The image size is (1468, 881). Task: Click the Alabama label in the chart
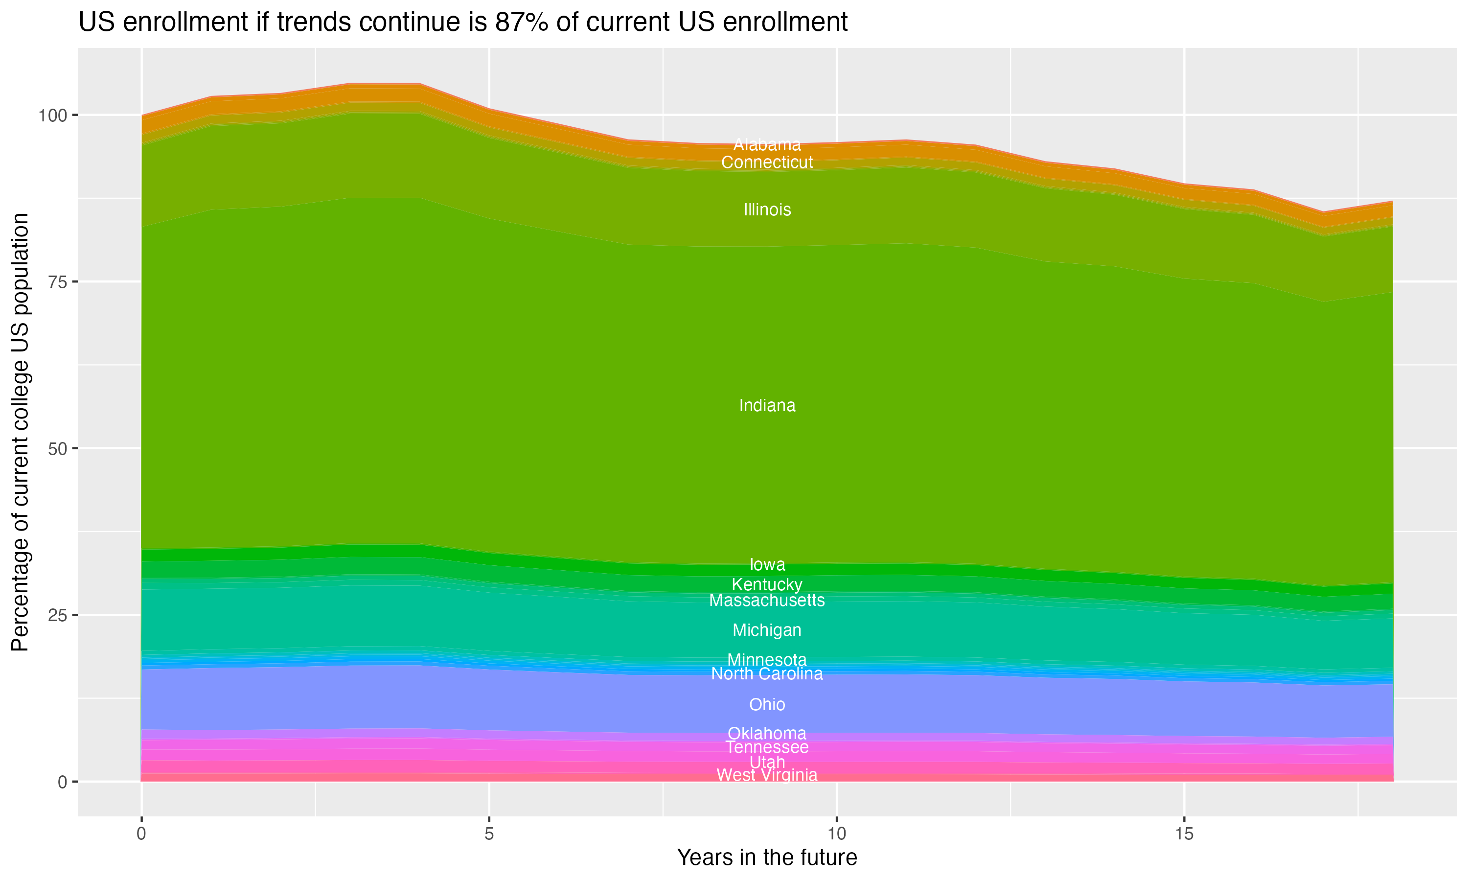coord(767,145)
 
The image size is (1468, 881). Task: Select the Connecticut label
coord(767,162)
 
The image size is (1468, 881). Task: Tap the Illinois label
coord(767,209)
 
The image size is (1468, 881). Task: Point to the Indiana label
coord(767,405)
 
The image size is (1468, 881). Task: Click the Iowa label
coord(767,565)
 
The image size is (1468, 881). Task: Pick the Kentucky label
coord(767,585)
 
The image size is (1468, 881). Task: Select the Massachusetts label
coord(767,601)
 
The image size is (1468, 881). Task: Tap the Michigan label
coord(767,630)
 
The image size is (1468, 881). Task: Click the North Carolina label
coord(767,674)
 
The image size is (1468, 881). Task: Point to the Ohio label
coord(767,705)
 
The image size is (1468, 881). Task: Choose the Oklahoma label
coord(767,734)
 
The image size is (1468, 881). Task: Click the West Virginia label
coord(767,775)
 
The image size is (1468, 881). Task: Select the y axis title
coord(21,432)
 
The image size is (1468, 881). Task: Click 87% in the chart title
coord(520,23)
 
